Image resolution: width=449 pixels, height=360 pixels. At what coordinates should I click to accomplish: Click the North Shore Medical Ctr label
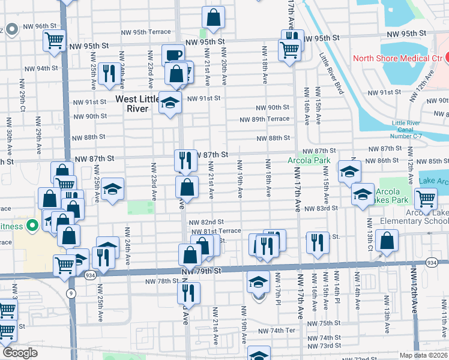coord(397,58)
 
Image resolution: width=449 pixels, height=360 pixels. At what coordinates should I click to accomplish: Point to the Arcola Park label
coord(309,161)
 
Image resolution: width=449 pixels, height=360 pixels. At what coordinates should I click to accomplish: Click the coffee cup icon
coord(173,55)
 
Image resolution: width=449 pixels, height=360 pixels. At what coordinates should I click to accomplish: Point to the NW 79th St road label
coord(202,272)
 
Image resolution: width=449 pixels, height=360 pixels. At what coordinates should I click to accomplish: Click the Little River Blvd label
coord(332,74)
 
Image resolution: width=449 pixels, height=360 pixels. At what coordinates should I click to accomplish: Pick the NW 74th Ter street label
coord(277,331)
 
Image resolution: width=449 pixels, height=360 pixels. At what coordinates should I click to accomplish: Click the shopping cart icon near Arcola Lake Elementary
coord(426,199)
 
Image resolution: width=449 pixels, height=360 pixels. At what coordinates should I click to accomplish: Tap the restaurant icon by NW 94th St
coord(109,74)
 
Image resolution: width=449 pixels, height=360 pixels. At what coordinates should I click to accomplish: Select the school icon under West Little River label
coord(170,103)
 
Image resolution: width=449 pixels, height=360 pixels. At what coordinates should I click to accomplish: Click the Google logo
coord(20,353)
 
